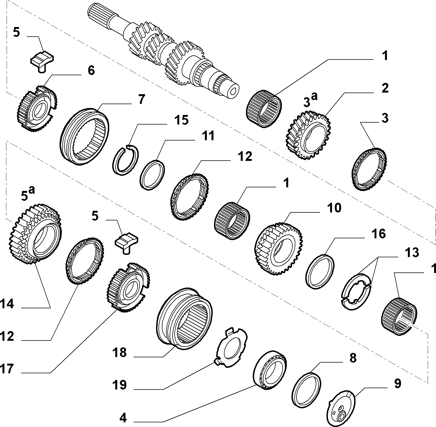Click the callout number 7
tap(141, 99)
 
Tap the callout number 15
tap(181, 120)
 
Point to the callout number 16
tap(379, 234)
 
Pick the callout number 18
tap(119, 352)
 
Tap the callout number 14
tap(7, 304)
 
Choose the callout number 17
tap(7, 369)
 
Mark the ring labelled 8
tap(307, 389)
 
